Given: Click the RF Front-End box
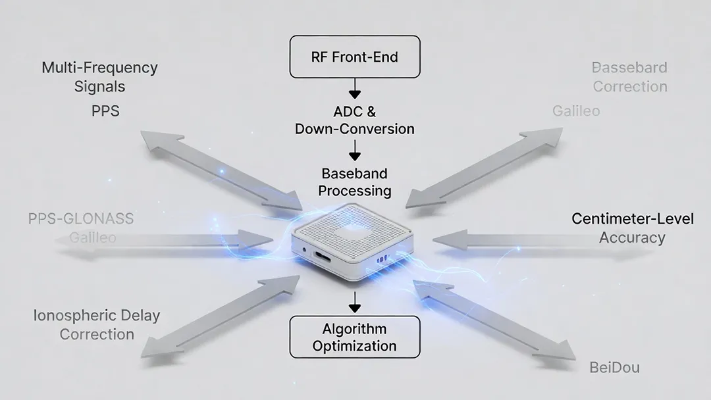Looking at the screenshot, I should [355, 57].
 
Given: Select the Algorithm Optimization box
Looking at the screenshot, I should [355, 337].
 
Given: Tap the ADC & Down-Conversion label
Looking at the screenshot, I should [355, 120].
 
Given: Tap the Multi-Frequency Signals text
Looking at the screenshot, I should [99, 76].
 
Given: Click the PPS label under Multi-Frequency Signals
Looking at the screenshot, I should [105, 111].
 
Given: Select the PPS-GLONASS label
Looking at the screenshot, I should [81, 218].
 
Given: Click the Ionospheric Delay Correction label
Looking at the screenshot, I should [97, 324].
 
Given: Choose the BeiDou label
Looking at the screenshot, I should [614, 367].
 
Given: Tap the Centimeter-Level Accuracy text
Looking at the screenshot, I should [632, 228].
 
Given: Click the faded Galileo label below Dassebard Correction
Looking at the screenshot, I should [576, 111].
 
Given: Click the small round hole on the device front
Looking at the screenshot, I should [304, 249].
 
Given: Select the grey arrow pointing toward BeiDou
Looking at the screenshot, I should [494, 320].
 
